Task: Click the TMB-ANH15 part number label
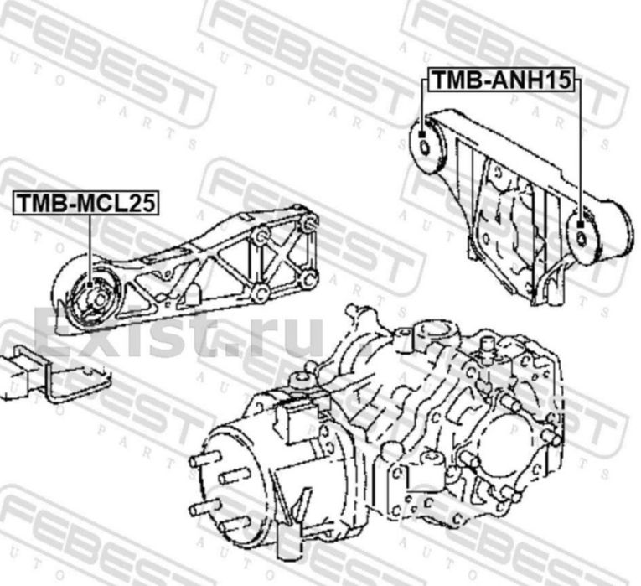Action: click(501, 80)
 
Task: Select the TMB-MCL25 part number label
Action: click(85, 203)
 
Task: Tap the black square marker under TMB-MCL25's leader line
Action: click(90, 285)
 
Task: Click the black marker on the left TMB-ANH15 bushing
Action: click(422, 134)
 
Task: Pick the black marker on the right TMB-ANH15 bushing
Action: click(580, 224)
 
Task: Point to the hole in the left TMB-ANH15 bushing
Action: click(425, 147)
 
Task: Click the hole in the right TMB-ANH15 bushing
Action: click(582, 238)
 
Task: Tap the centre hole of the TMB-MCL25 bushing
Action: click(100, 299)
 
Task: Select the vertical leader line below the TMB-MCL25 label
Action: click(90, 248)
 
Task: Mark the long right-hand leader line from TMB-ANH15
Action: click(580, 150)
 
